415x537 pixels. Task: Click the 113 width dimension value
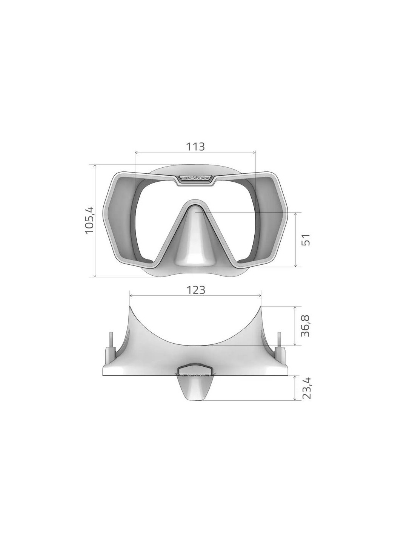tap(195, 146)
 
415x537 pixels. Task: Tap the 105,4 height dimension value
tap(89, 220)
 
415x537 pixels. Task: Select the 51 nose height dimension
tap(306, 239)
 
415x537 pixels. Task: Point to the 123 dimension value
tap(195, 290)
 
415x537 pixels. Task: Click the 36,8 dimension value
tap(306, 326)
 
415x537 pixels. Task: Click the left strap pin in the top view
tap(111, 339)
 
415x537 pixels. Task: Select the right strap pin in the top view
tap(279, 339)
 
